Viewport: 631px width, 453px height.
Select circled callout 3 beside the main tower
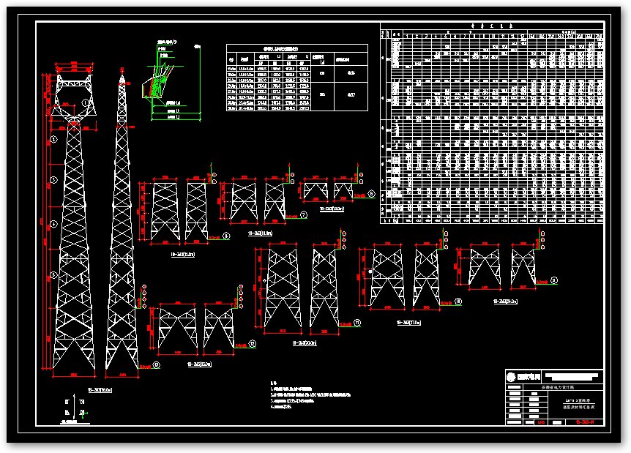coord(53,179)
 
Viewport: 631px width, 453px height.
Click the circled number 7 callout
coord(303,215)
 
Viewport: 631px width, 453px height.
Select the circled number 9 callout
coord(553,280)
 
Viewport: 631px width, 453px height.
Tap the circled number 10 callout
coord(458,302)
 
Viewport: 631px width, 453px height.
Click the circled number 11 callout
coord(357,322)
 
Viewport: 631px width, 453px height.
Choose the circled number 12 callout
coord(252,343)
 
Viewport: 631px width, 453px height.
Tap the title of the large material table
coord(490,26)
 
